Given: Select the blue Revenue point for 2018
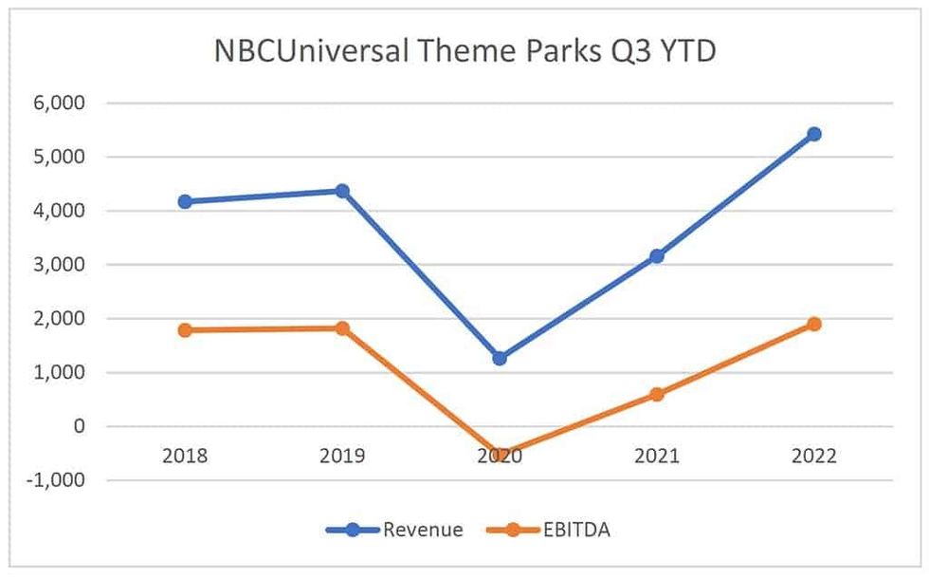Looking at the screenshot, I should pyautogui.click(x=185, y=201).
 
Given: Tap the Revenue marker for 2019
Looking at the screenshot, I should pyautogui.click(x=342, y=191).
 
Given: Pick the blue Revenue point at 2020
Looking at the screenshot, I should pyautogui.click(x=500, y=358).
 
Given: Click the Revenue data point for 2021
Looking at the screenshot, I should pyautogui.click(x=657, y=255).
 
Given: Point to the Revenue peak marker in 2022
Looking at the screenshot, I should pyautogui.click(x=814, y=134).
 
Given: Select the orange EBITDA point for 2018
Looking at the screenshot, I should pyautogui.click(x=185, y=329).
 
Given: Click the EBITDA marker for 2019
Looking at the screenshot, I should pyautogui.click(x=342, y=327).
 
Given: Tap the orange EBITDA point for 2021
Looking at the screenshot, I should pyautogui.click(x=657, y=394).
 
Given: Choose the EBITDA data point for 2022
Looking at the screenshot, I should pyautogui.click(x=814, y=324).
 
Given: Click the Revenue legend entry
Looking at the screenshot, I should pyautogui.click(x=395, y=530).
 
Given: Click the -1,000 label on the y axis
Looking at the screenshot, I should pyautogui.click(x=57, y=480).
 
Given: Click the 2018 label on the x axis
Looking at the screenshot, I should pyautogui.click(x=185, y=456).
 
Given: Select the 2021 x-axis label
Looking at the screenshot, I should pyautogui.click(x=657, y=456).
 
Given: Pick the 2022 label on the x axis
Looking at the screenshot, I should pyautogui.click(x=814, y=456).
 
